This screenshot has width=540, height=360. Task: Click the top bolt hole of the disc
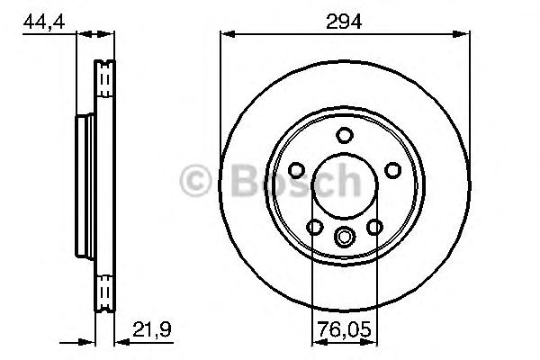(x=344, y=135)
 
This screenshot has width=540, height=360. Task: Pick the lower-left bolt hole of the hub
(x=313, y=228)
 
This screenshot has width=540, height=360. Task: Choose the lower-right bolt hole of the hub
(x=374, y=228)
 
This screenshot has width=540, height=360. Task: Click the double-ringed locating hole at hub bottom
(x=344, y=237)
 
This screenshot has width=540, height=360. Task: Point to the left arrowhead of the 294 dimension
(x=225, y=35)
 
